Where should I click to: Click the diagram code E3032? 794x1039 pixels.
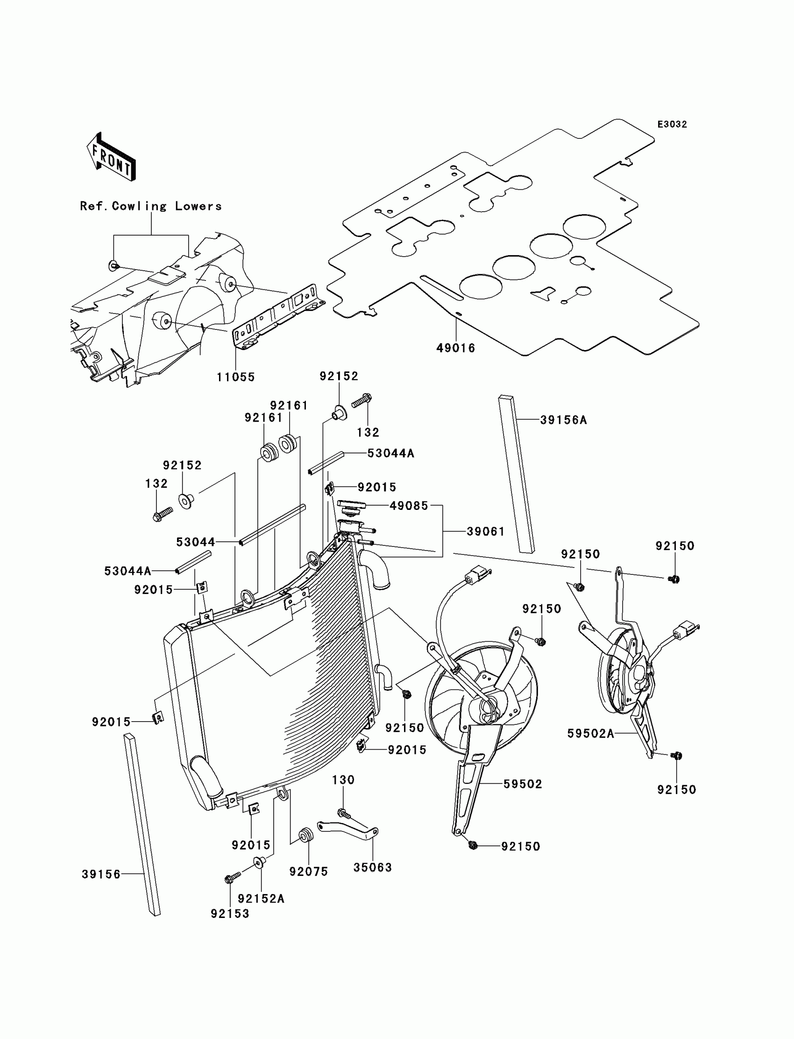coord(672,124)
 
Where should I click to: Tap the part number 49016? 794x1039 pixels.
coord(455,348)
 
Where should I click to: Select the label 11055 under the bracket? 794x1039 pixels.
coord(236,377)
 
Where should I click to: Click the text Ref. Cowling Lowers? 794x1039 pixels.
coord(151,206)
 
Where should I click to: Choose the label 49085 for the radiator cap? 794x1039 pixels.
coord(409,506)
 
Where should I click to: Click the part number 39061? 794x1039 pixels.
coord(486,531)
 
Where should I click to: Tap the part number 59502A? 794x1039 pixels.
coord(591,733)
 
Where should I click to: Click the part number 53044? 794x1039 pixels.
coord(196,542)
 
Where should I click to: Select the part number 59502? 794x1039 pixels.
coord(523,784)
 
